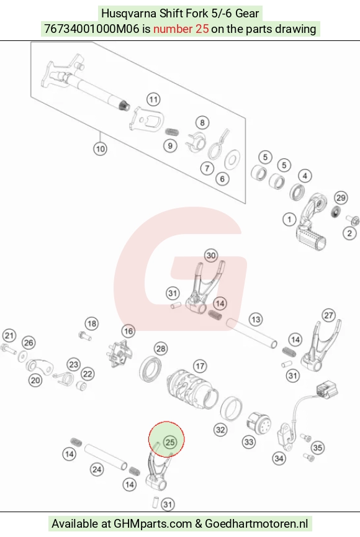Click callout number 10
100,149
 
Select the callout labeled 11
153,100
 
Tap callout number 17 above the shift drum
200,366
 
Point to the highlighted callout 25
170,442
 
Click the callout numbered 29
341,198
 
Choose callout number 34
279,459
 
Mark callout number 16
128,331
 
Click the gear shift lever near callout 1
312,221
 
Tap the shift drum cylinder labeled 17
192,389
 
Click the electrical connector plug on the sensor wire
327,389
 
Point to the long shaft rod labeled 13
251,333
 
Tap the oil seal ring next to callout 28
150,369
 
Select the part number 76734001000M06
92,29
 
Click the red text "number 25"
181,29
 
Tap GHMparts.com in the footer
153,523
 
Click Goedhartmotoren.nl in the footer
256,523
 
